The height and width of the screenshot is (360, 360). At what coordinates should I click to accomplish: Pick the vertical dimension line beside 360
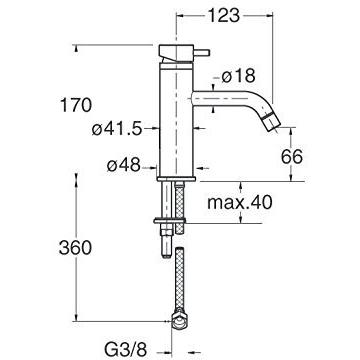74,248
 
